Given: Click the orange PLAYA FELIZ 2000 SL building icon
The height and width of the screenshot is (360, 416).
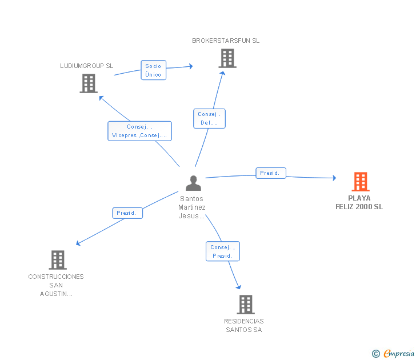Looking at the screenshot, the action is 361,182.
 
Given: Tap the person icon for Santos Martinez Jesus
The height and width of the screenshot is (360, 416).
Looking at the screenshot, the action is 193,183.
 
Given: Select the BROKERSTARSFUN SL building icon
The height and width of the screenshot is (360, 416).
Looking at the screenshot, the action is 227,58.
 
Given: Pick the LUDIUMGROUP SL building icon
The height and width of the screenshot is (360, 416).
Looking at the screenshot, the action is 89,83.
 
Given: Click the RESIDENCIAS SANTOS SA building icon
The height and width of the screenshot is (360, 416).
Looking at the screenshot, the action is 246,305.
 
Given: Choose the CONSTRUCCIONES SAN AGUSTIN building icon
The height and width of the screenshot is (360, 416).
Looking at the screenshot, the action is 58,260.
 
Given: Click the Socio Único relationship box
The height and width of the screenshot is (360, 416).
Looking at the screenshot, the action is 153,70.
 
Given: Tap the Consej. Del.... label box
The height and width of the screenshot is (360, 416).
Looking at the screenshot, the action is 209,119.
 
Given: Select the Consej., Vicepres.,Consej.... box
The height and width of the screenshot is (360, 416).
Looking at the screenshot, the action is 139,131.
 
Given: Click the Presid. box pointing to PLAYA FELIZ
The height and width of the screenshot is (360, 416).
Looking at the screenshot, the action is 271,173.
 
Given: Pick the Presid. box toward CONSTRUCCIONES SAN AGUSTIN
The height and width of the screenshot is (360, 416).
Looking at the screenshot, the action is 127,213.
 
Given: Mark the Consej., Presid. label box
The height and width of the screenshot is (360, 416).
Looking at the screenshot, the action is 223,251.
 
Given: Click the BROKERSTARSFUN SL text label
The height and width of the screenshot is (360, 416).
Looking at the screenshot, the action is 226,41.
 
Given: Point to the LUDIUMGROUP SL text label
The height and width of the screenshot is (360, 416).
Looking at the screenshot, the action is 86,66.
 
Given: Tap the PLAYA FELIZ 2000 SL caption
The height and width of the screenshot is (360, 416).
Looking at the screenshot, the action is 359,202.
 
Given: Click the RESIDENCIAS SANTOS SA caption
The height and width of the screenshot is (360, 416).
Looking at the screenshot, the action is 244,326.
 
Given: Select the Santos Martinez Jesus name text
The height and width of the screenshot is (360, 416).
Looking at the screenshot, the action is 191,207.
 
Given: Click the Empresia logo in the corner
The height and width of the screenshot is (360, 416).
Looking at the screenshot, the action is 393,353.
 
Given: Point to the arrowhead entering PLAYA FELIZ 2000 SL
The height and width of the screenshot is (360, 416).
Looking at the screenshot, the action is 334,178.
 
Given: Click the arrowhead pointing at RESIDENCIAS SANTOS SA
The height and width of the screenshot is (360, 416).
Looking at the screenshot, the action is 239,287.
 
